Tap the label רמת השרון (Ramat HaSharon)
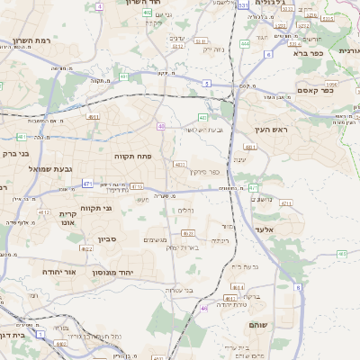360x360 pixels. tap(34, 42)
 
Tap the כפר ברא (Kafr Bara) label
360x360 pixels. tap(314, 52)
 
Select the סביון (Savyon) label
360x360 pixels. tap(108, 240)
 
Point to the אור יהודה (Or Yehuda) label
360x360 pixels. tap(62, 271)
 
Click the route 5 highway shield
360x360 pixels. tap(206, 83)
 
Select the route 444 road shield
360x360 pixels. tap(246, 42)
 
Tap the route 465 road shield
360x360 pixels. tap(341, 254)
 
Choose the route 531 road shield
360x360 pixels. tap(243, 4)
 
